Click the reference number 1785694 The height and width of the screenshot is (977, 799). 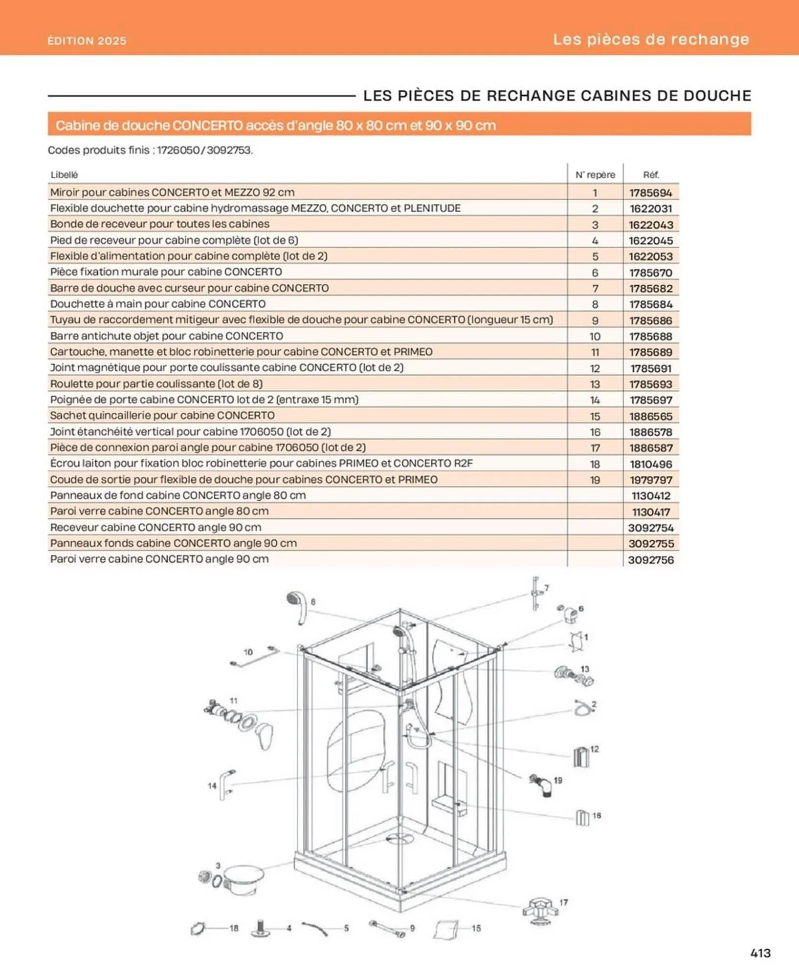click(650, 193)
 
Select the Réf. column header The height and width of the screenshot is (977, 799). click(650, 175)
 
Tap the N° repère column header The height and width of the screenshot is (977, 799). click(595, 175)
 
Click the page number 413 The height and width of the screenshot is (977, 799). click(760, 953)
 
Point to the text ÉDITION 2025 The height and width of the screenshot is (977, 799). click(87, 41)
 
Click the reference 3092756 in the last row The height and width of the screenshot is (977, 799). click(650, 560)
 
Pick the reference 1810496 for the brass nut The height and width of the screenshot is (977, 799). click(650, 464)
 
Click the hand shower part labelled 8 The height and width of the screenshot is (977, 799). click(297, 606)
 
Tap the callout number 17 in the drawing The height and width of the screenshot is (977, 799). click(564, 902)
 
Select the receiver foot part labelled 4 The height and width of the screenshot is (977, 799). click(261, 928)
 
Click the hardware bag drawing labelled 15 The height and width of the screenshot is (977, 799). click(446, 929)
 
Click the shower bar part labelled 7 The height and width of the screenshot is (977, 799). click(535, 594)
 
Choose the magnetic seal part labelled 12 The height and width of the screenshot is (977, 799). click(580, 756)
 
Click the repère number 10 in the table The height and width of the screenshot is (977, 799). click(595, 337)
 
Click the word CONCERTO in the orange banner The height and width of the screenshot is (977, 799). click(207, 126)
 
